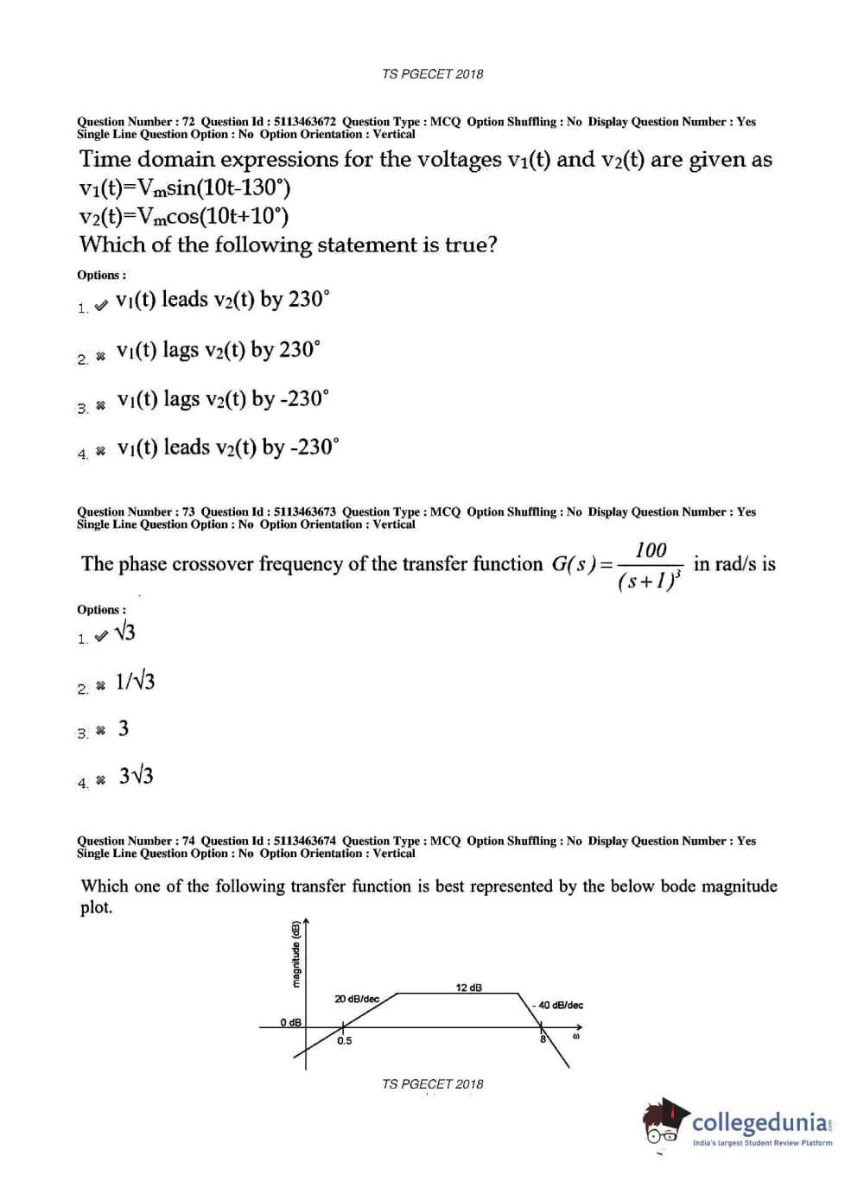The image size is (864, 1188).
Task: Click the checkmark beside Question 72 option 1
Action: (x=101, y=304)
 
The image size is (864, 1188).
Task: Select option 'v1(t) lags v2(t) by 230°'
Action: (x=218, y=350)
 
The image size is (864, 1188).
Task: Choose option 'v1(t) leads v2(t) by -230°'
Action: (x=228, y=448)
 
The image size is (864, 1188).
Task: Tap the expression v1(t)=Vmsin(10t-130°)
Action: (x=185, y=187)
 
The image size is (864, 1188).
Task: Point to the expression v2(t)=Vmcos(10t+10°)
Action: (x=184, y=216)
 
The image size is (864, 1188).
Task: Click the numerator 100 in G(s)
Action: (x=651, y=550)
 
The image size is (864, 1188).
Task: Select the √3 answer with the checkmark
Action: (x=124, y=632)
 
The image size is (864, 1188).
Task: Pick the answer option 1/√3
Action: (x=136, y=682)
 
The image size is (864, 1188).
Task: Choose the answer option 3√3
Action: (x=137, y=776)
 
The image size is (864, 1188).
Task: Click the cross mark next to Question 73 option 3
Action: (x=101, y=731)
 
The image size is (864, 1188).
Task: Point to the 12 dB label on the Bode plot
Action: (x=469, y=987)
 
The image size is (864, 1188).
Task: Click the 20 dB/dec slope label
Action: (x=357, y=999)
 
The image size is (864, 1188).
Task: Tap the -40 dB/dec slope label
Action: (x=560, y=1005)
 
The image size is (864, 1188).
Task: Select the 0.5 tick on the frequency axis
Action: (x=345, y=1041)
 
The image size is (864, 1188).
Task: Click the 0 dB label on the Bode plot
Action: (x=290, y=1022)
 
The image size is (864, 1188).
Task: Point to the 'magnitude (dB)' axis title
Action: (x=295, y=955)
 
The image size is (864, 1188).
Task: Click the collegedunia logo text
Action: (x=760, y=1122)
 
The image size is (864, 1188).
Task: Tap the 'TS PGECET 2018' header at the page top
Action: (x=433, y=74)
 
